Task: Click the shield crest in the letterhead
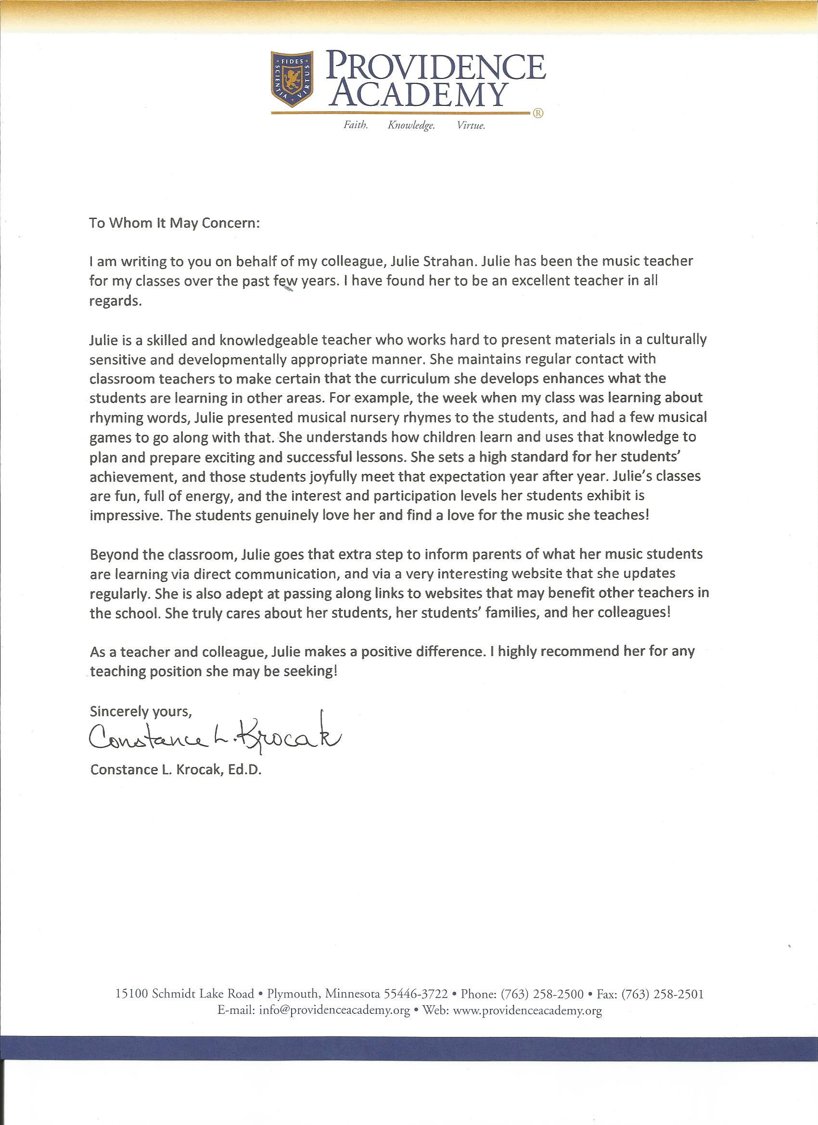[x=292, y=79]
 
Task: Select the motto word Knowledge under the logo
[x=411, y=126]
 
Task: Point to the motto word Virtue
[x=471, y=126]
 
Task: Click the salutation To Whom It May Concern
[x=174, y=223]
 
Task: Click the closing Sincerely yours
[x=141, y=712]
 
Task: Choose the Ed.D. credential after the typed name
[x=244, y=769]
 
